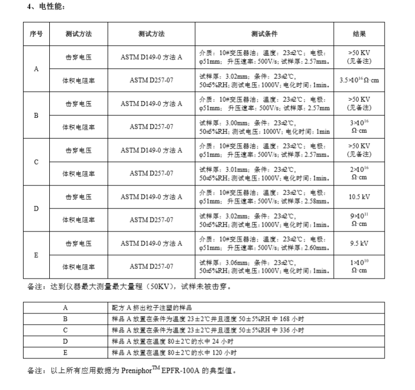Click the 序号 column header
(36, 34)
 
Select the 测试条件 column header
(264, 34)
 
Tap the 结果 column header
(359, 34)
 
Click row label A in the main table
(36, 69)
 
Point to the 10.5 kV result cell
(359, 197)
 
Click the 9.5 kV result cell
(359, 243)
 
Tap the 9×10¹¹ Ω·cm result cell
(359, 220)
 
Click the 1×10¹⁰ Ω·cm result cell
(359, 266)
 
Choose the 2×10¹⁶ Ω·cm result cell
(359, 173)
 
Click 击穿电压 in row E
(79, 243)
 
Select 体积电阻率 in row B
(79, 127)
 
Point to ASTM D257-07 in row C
(151, 173)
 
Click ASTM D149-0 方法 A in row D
(151, 197)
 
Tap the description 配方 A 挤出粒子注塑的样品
(151, 308)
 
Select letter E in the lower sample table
(65, 353)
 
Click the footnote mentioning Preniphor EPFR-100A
(131, 370)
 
